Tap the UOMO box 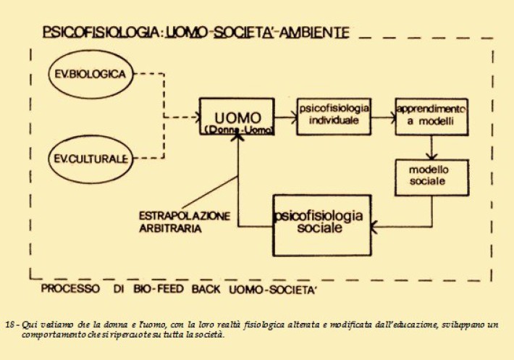tap(237, 117)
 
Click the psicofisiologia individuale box tap(332, 116)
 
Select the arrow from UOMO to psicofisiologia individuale tap(286, 116)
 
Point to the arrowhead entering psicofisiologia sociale tap(376, 227)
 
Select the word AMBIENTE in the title tap(315, 33)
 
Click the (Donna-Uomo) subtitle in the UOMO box tap(237, 128)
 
